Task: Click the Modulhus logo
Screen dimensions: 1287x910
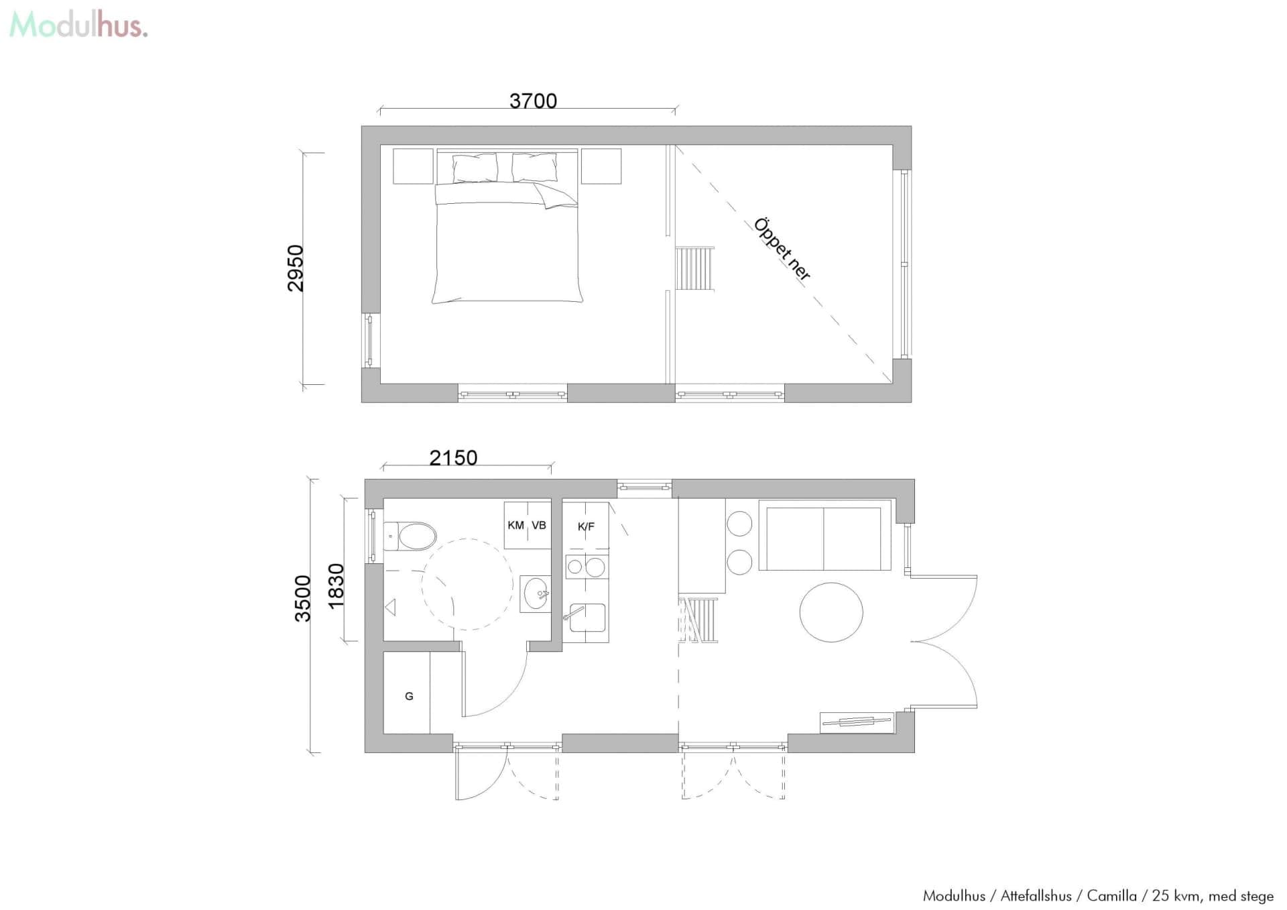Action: pos(78,25)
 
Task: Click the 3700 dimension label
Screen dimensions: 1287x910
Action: pos(533,101)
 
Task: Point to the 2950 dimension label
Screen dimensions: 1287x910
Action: pos(296,268)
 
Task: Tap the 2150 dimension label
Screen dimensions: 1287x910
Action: pos(453,458)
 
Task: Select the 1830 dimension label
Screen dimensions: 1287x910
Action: pos(336,586)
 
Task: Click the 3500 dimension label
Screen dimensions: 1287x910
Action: pos(303,599)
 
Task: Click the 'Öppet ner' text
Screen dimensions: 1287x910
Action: pos(782,249)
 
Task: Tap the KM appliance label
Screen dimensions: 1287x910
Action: pos(515,525)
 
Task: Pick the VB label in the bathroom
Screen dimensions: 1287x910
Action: pos(539,525)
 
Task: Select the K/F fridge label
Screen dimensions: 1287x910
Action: pos(586,526)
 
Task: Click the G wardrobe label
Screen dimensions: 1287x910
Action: pos(409,696)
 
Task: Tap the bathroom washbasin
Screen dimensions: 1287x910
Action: pos(536,594)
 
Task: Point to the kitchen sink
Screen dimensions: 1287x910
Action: pos(588,618)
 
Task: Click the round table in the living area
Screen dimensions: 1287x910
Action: pos(831,612)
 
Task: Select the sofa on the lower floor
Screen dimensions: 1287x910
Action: pos(825,535)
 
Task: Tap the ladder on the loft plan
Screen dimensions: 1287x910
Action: pos(694,268)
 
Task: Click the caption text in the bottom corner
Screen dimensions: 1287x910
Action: pos(1098,895)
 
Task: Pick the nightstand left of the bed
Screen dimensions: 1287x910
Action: pos(413,166)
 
